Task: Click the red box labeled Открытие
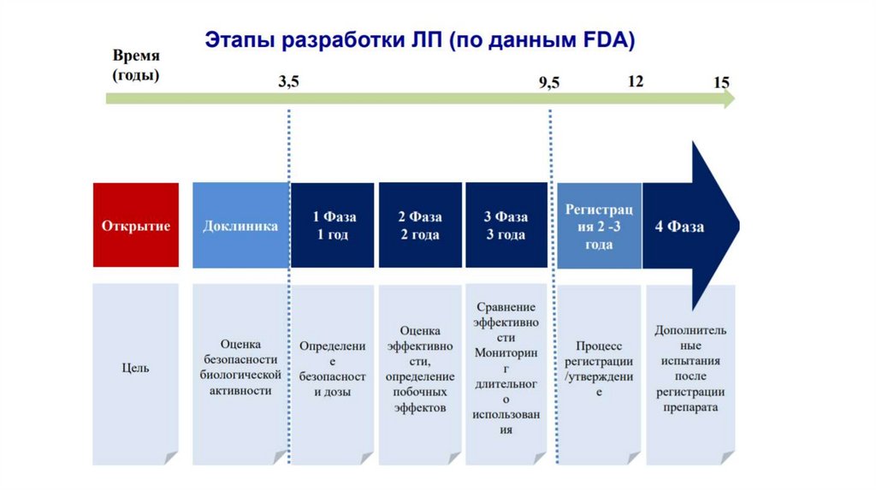[136, 226]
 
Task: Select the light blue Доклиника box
[240, 226]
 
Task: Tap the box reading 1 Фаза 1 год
[333, 226]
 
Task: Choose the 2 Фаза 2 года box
[419, 226]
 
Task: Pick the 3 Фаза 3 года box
[506, 226]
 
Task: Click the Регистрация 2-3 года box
[599, 226]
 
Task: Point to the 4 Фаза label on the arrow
[679, 227]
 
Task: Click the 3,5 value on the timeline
[289, 83]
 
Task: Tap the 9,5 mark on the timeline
[548, 83]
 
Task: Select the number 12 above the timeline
[635, 81]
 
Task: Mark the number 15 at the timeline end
[721, 83]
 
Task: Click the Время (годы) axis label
[135, 64]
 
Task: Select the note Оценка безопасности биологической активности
[240, 367]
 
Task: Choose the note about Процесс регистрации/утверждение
[599, 368]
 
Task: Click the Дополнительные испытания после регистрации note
[690, 368]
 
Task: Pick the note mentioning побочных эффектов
[419, 369]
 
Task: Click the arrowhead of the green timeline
[727, 99]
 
